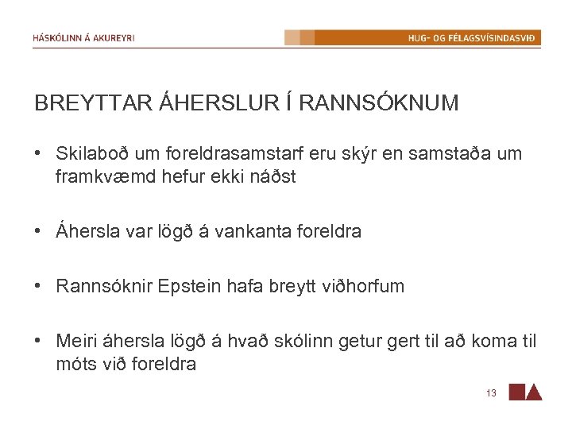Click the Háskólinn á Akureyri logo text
coord(83,38)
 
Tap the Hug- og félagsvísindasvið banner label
coord(472,38)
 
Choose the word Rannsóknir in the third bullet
coord(98,286)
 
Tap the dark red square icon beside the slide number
coord(516,392)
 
